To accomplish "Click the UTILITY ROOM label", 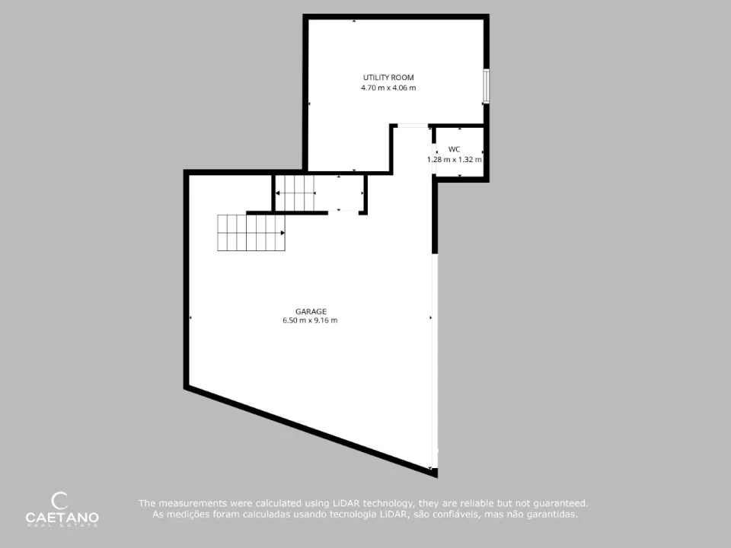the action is click(x=388, y=78).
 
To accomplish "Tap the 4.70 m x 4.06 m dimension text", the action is click(x=388, y=88).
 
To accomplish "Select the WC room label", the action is click(x=454, y=149).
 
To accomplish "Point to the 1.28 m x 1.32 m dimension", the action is click(x=455, y=159).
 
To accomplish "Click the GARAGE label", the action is click(x=311, y=311).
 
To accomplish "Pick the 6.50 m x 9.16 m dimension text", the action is click(x=310, y=320).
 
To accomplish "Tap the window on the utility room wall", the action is click(x=486, y=86).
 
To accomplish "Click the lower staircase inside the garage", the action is click(x=251, y=233).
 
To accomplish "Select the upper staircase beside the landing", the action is click(x=295, y=193).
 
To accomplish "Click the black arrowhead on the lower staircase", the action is click(x=283, y=233).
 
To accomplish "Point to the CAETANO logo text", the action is click(x=62, y=518).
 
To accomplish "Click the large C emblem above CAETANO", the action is click(x=59, y=501).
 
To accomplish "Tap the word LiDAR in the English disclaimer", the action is click(x=346, y=503).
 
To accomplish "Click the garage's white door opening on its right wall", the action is click(x=435, y=361).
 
